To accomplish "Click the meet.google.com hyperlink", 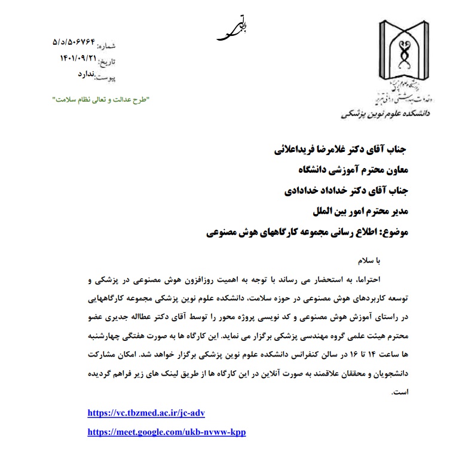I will [166, 431].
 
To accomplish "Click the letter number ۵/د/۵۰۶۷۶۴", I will [74, 43].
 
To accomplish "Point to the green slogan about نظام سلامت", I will [99, 98].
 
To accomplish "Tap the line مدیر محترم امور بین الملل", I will [359, 212].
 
